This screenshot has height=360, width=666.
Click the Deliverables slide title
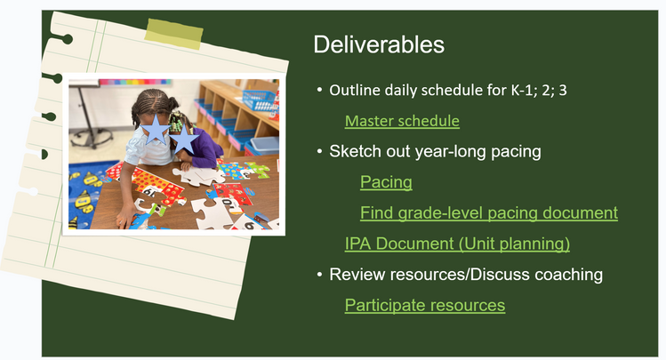pos(379,44)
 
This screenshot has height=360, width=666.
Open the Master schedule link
pos(402,121)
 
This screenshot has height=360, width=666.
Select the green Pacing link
pos(386,182)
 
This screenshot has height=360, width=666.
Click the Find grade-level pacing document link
pos(489,213)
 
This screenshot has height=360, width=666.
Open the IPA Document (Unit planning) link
pos(457,244)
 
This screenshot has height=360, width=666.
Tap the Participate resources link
pos(425,305)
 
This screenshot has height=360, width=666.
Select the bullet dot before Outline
pos(319,90)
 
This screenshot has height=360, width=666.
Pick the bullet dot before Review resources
pos(319,275)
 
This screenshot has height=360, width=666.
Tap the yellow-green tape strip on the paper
pos(173,34)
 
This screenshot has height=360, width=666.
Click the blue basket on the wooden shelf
pos(259,100)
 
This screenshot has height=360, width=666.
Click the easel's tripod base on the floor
pos(91,138)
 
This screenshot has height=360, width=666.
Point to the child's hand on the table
pos(125,220)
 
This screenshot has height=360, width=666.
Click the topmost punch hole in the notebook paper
pos(67,40)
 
